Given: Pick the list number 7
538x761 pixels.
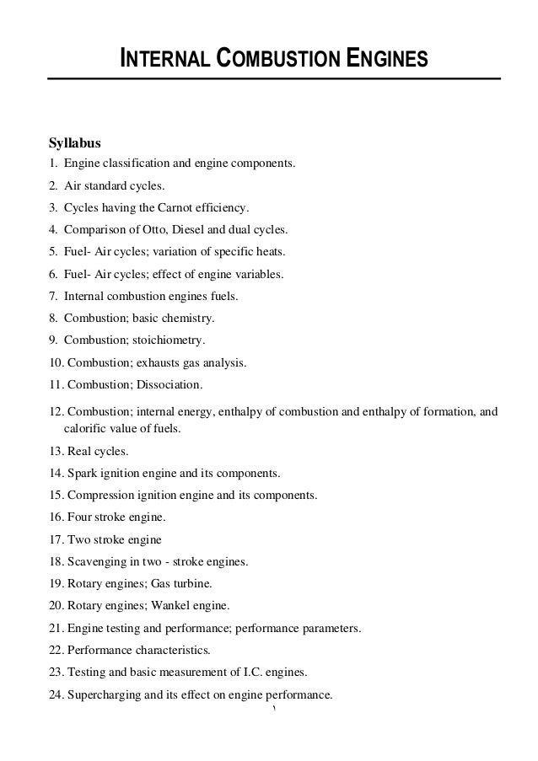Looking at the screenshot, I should (52, 297).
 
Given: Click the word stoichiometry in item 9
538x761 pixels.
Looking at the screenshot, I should (170, 341).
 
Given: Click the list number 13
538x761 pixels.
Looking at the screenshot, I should (56, 451).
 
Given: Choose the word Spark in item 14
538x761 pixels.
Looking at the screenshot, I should (80, 473).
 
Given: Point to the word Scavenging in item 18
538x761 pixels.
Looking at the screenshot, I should (94, 560).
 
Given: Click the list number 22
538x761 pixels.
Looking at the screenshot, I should (56, 651).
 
